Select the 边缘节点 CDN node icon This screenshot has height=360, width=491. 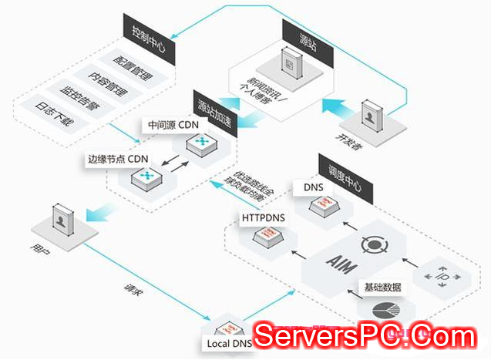pyautogui.click(x=145, y=177)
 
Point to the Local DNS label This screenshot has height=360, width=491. pyautogui.click(x=230, y=343)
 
